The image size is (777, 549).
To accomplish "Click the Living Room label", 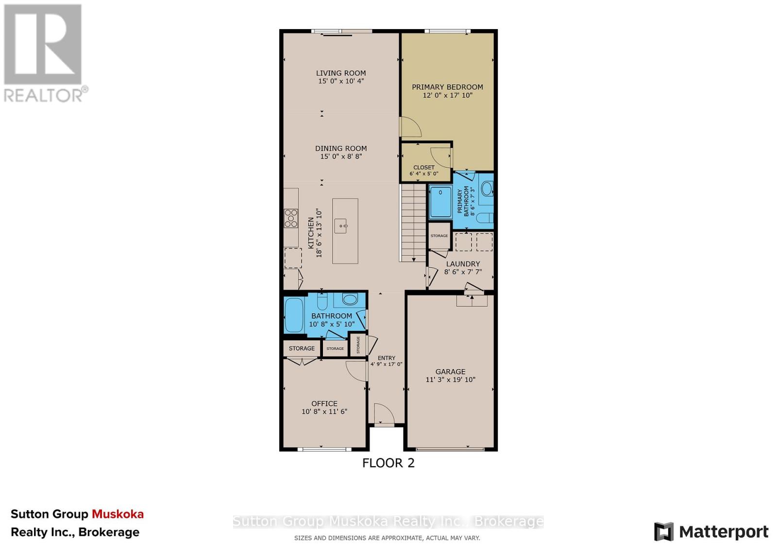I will click(x=341, y=73).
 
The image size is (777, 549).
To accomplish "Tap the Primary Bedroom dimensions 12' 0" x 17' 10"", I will click(x=447, y=96).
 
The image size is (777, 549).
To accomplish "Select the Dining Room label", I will click(x=341, y=148).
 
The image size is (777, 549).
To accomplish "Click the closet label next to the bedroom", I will click(x=424, y=167).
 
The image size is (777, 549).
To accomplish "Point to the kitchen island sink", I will click(x=341, y=226).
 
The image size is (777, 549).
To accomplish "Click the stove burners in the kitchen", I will click(x=291, y=218).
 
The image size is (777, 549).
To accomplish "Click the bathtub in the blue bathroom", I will click(x=294, y=315).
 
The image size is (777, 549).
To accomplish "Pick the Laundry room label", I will click(x=463, y=264).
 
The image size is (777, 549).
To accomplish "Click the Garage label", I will click(x=450, y=371).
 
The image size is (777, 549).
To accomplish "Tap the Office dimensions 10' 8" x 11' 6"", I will click(x=324, y=412).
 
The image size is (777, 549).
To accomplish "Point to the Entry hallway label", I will click(x=386, y=358).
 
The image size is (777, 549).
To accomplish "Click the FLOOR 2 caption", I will click(x=388, y=463).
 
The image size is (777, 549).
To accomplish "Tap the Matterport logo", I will click(x=711, y=532).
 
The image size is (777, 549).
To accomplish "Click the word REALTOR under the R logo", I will click(x=44, y=95).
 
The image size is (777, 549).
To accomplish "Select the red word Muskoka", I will click(x=118, y=514).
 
